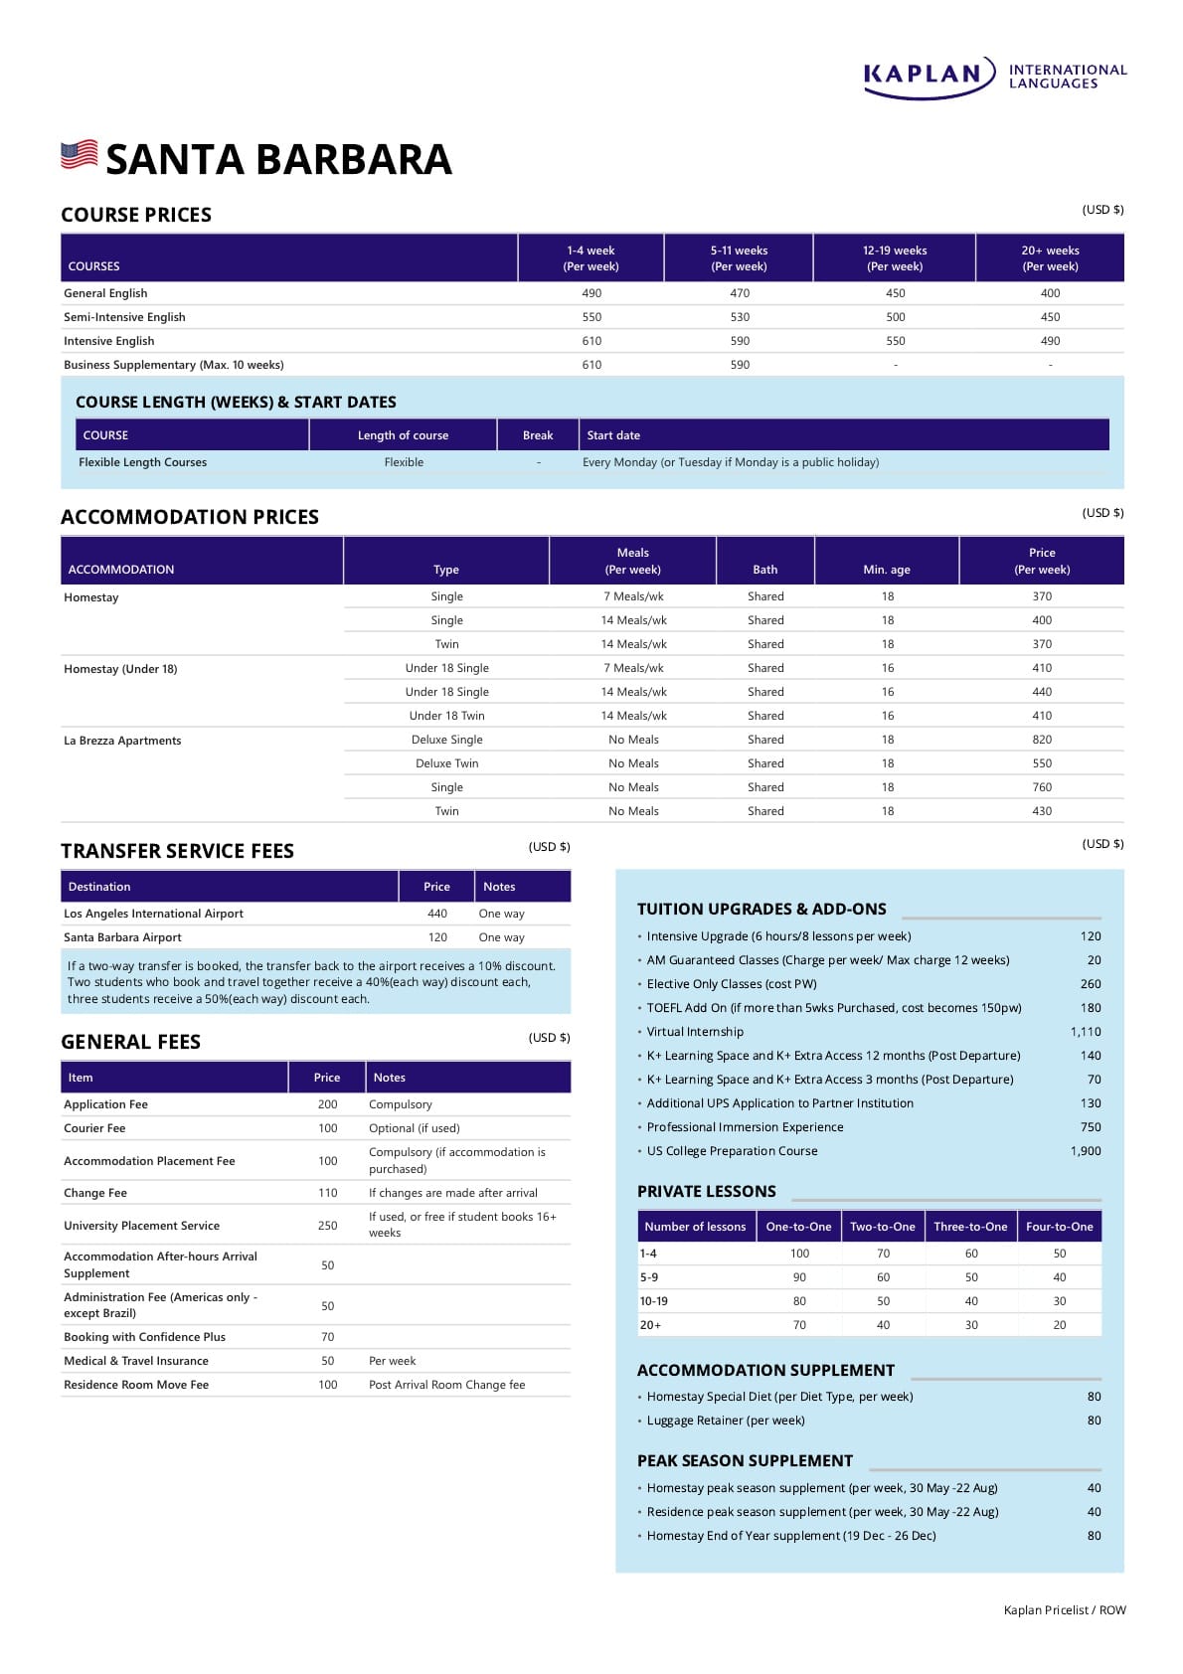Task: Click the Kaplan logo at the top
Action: click(x=994, y=77)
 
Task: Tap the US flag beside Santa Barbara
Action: click(x=80, y=155)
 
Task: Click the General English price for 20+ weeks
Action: click(x=1050, y=293)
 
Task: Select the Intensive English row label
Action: click(x=109, y=341)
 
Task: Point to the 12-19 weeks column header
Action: click(x=895, y=258)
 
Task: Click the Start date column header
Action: click(x=613, y=435)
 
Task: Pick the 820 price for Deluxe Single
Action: click(x=1042, y=740)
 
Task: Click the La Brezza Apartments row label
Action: click(x=122, y=741)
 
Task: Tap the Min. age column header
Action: click(x=887, y=570)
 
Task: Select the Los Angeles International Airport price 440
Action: click(x=437, y=914)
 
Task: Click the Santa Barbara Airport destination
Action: click(x=122, y=937)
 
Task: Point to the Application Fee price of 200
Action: click(x=327, y=1104)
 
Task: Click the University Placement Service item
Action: click(x=141, y=1226)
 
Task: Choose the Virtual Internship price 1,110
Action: click(x=1086, y=1032)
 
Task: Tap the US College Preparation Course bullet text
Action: click(x=732, y=1151)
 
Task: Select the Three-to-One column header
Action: click(x=970, y=1227)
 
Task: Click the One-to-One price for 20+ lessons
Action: click(x=799, y=1325)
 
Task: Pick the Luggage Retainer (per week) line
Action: click(x=726, y=1421)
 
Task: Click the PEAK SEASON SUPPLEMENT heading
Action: click(x=745, y=1460)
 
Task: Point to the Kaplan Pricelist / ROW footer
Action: click(x=1065, y=1610)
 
